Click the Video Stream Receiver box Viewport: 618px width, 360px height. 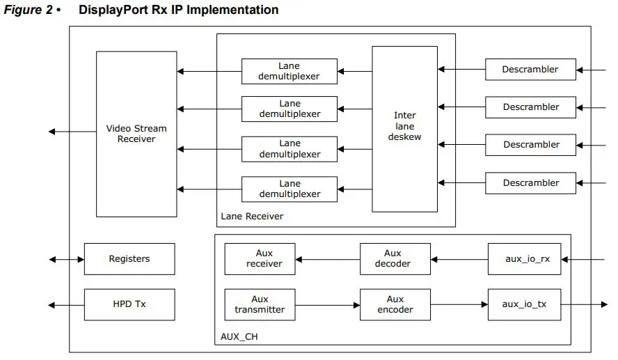(136, 134)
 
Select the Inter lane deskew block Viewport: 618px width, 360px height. (404, 129)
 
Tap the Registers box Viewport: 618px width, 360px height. (129, 259)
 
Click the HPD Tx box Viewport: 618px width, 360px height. (129, 304)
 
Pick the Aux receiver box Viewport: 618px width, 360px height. (260, 259)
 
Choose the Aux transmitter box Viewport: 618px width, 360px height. (260, 304)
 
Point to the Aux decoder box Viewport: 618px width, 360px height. (395, 259)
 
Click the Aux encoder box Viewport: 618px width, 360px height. (395, 304)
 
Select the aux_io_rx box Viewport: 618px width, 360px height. (524, 259)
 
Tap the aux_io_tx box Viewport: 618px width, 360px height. (524, 304)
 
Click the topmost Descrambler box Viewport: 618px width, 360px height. (530, 70)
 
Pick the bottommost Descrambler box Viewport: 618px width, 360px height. (530, 183)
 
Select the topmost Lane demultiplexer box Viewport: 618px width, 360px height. (290, 71)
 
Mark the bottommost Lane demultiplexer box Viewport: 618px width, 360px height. (290, 189)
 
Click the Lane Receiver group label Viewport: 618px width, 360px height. (252, 217)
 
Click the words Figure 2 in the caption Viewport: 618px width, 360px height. (28, 10)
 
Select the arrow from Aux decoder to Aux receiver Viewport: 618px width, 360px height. (327, 259)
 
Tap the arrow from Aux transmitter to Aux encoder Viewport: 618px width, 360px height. (327, 304)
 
